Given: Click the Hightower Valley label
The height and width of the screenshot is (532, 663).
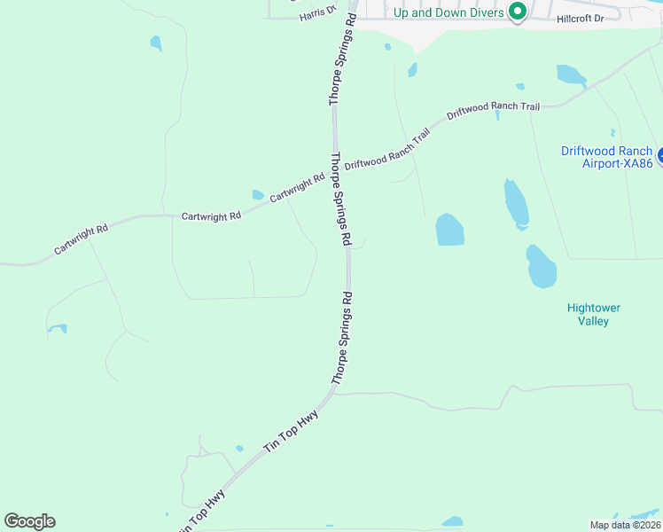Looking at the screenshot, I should click(594, 314).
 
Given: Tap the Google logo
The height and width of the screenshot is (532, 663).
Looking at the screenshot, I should click(29, 521).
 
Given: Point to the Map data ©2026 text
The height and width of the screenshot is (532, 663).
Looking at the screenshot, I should click(624, 525).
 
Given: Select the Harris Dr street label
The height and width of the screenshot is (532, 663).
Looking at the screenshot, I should click(319, 12).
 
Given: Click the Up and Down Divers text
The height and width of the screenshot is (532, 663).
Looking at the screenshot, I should click(448, 12).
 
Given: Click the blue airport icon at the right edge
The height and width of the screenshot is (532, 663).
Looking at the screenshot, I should click(659, 154).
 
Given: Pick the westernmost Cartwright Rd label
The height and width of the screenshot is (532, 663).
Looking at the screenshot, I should click(81, 239).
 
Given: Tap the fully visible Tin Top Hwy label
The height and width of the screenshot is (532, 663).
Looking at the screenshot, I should click(291, 437).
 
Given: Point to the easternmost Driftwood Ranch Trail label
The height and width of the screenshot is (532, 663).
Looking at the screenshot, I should click(493, 110).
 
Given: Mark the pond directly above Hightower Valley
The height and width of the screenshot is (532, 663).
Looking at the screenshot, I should click(541, 267).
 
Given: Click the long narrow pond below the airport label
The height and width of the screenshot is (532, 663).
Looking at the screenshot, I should click(516, 203).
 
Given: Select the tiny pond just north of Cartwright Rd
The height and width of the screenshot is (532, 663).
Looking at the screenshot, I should click(258, 195).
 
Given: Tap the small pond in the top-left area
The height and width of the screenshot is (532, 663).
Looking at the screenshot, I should click(156, 43).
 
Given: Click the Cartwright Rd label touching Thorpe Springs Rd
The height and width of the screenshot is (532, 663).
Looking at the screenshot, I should click(297, 188).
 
